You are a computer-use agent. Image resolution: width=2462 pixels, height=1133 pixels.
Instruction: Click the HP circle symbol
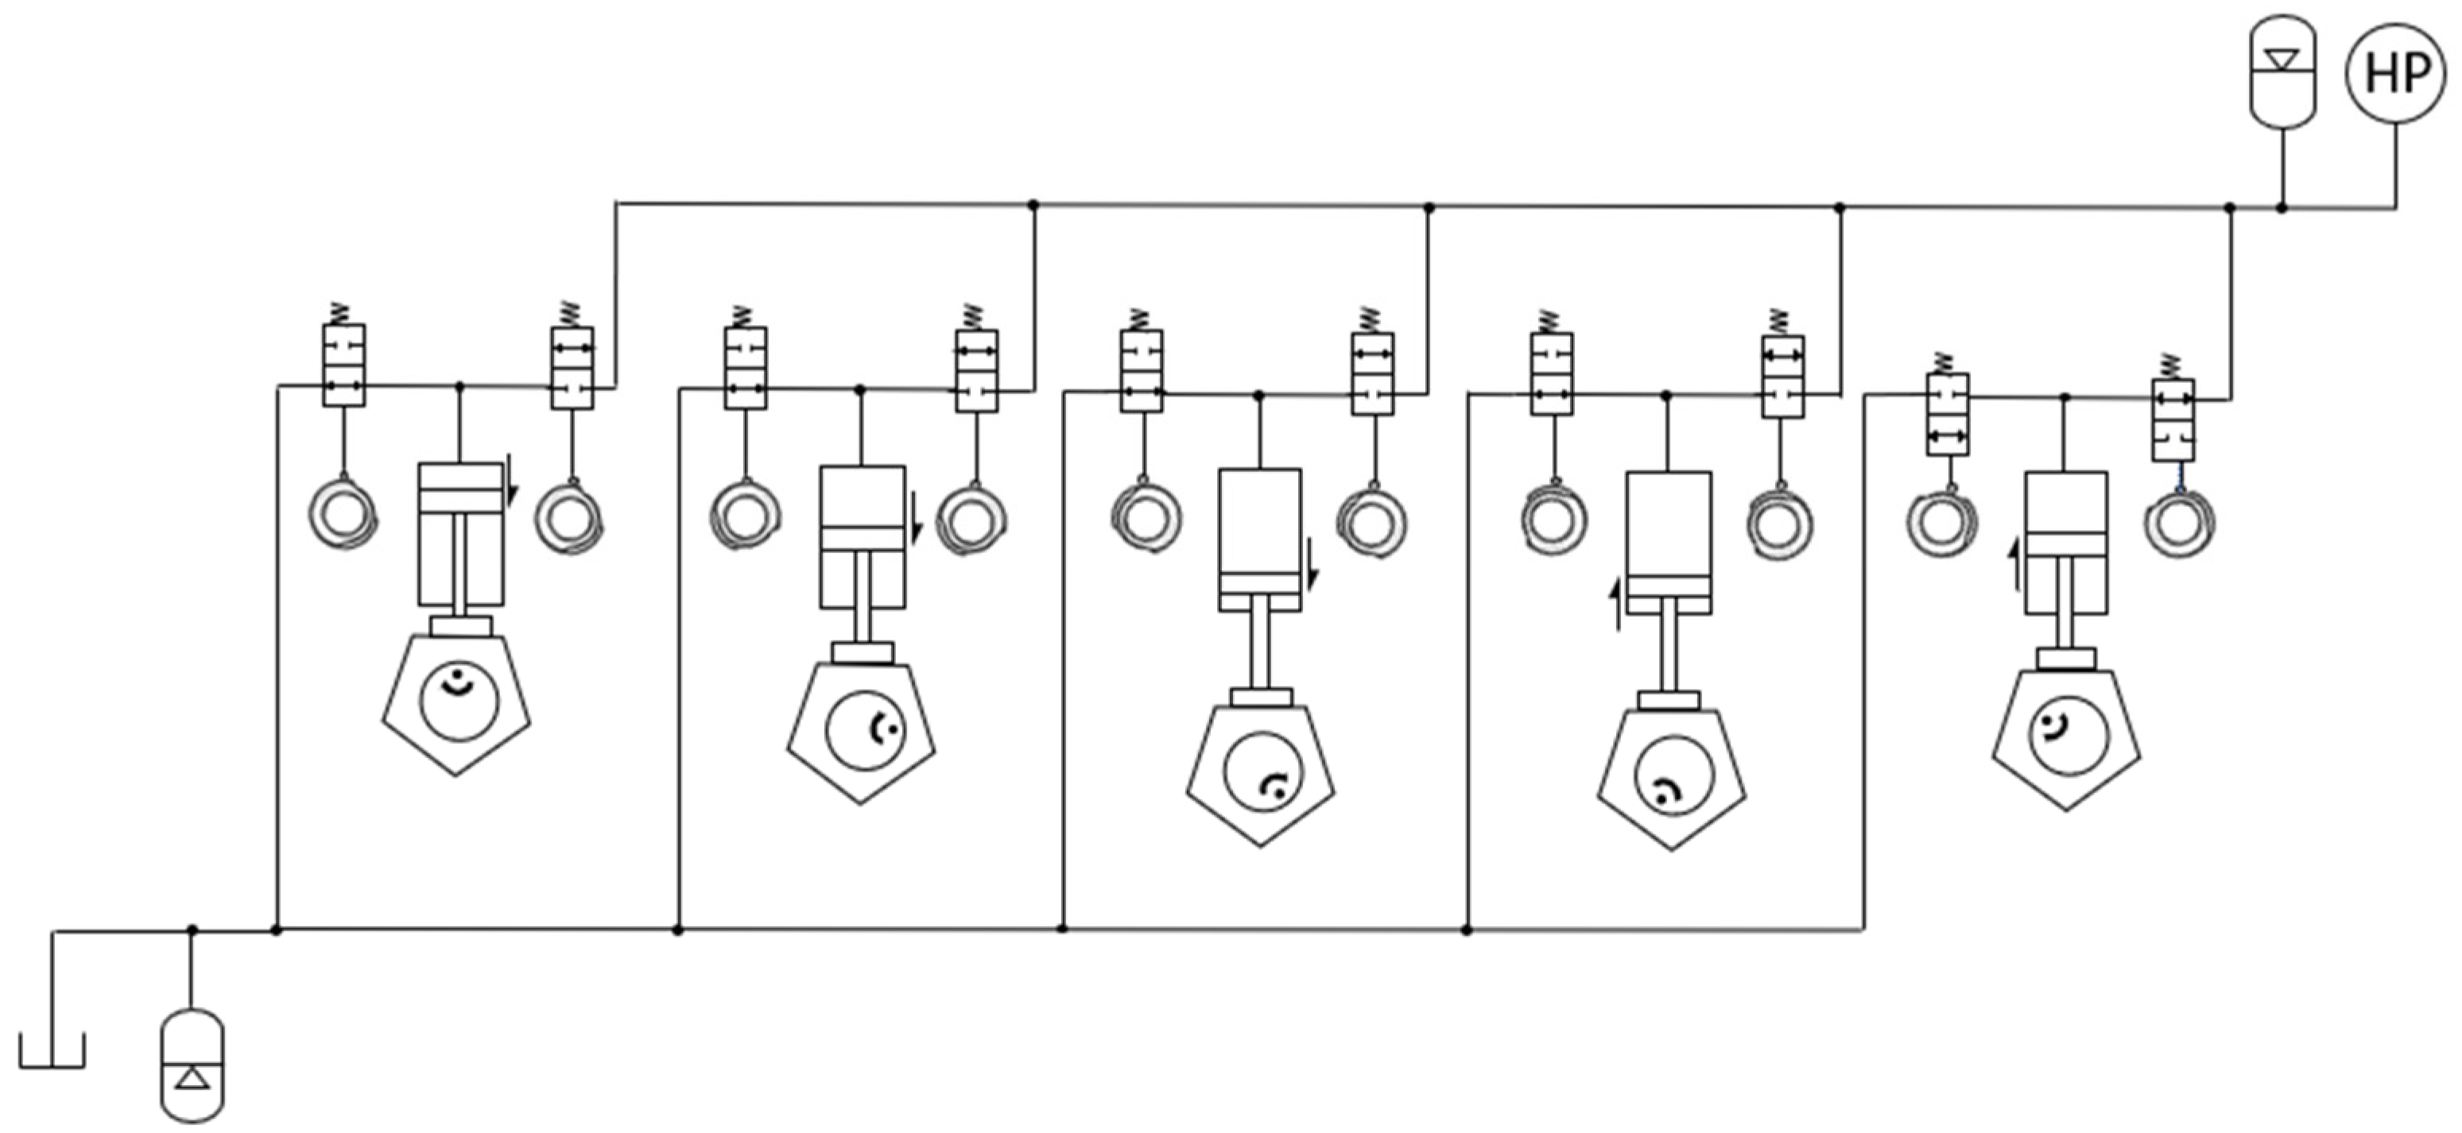[2394, 74]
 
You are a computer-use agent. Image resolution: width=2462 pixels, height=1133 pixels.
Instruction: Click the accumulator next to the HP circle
[2282, 72]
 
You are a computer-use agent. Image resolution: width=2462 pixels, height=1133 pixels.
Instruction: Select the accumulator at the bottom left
[192, 1065]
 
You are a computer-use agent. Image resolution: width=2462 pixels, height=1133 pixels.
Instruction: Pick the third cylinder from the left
[1260, 539]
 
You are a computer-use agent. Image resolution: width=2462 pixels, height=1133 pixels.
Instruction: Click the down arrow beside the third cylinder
[1313, 563]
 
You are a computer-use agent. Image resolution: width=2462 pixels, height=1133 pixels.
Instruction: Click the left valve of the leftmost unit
[344, 366]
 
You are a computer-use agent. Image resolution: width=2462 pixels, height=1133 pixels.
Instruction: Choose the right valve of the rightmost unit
[2173, 420]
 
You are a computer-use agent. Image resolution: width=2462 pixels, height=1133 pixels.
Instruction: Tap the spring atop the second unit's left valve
[742, 315]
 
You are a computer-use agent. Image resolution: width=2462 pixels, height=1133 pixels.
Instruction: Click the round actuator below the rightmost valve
[2179, 524]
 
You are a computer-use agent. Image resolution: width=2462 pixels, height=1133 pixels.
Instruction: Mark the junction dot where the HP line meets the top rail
[2282, 207]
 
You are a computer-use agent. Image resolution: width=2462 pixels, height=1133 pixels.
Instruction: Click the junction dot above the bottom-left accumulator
[192, 930]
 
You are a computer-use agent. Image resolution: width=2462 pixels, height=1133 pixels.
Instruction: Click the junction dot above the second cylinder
[860, 390]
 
